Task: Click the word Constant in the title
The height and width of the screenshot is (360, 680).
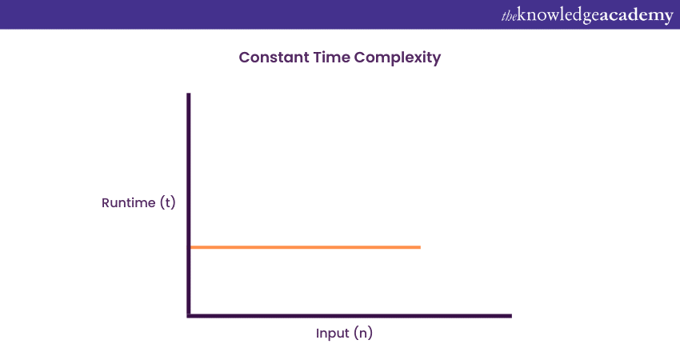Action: pyautogui.click(x=274, y=58)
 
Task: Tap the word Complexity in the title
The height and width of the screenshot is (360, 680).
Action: pyautogui.click(x=398, y=58)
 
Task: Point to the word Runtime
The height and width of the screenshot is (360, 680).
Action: pyautogui.click(x=128, y=202)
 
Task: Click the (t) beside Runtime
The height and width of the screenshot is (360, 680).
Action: pyautogui.click(x=168, y=202)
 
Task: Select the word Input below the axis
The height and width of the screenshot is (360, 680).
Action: pyautogui.click(x=332, y=334)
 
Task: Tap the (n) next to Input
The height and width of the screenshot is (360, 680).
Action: pyautogui.click(x=363, y=333)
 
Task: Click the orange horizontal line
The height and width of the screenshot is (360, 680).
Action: pyautogui.click(x=306, y=247)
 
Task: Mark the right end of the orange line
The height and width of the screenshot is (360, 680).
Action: pyautogui.click(x=420, y=247)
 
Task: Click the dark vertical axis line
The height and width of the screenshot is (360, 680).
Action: pyautogui.click(x=188, y=204)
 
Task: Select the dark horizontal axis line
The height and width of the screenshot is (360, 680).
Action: pyautogui.click(x=349, y=316)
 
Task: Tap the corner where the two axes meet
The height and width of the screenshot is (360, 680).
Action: pyautogui.click(x=189, y=316)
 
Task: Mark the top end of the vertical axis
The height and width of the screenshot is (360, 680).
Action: pyautogui.click(x=188, y=94)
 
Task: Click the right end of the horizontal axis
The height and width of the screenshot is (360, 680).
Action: pyautogui.click(x=511, y=316)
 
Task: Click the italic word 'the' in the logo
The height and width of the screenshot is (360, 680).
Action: pyautogui.click(x=509, y=17)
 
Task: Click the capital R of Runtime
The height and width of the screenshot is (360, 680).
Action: pyautogui.click(x=106, y=202)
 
